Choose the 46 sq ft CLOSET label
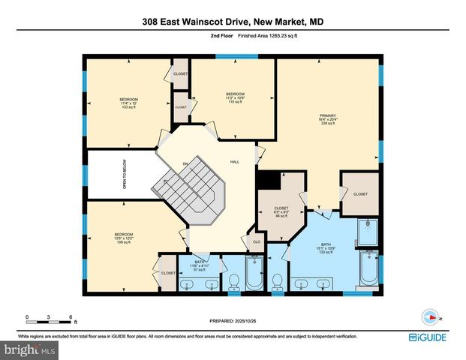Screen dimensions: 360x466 281,211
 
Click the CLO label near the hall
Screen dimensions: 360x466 256,243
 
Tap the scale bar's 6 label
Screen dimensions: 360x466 71,316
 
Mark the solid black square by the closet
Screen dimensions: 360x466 266,180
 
